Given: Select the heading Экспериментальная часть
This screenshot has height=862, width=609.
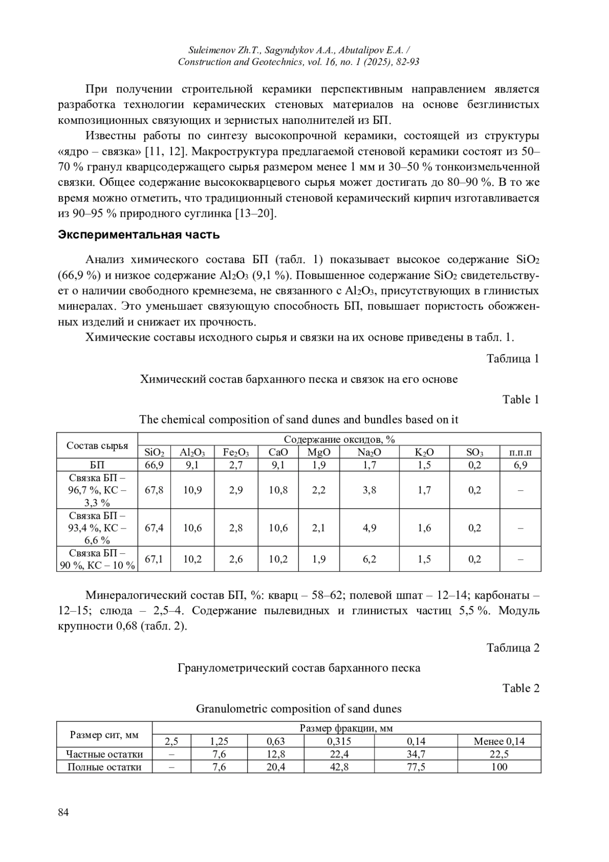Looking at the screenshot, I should [x=139, y=235].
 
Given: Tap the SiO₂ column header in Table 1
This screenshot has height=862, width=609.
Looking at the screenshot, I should [x=154, y=452].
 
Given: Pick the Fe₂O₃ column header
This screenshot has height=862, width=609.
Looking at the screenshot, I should [x=236, y=452].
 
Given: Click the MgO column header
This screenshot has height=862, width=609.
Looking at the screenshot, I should [x=319, y=452].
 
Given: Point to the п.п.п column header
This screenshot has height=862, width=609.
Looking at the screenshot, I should [x=520, y=452].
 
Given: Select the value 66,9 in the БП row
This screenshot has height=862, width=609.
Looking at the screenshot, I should [x=154, y=465].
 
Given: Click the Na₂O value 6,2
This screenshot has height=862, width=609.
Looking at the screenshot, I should [x=369, y=559].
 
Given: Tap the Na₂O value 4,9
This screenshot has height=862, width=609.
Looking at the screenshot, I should [x=369, y=528].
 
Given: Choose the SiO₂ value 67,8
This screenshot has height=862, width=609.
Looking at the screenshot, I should [x=154, y=490].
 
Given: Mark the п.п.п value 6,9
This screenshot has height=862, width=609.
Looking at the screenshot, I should [x=520, y=465].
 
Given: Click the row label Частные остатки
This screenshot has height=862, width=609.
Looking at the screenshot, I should [x=105, y=754].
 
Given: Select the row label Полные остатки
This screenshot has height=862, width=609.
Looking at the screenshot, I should [x=105, y=767].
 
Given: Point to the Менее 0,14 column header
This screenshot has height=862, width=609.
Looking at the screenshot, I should [x=499, y=741].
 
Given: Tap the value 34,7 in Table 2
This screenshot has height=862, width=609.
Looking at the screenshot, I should [x=416, y=754].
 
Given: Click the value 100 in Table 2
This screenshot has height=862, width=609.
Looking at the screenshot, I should [x=499, y=767].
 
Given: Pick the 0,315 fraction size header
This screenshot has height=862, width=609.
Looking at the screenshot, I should [x=339, y=741].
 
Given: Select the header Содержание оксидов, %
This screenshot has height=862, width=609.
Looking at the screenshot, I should [x=339, y=439].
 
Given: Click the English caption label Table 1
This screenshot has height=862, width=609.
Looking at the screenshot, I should [x=521, y=400].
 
